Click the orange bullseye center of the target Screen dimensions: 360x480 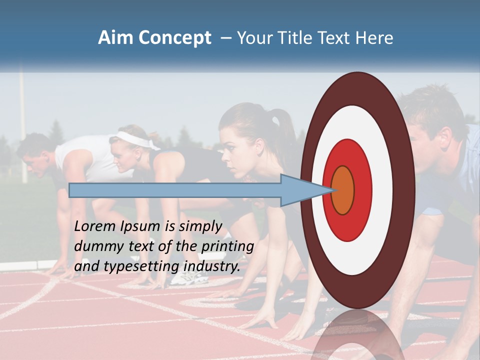(x=343, y=190)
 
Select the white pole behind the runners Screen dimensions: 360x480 (x=22, y=125)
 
